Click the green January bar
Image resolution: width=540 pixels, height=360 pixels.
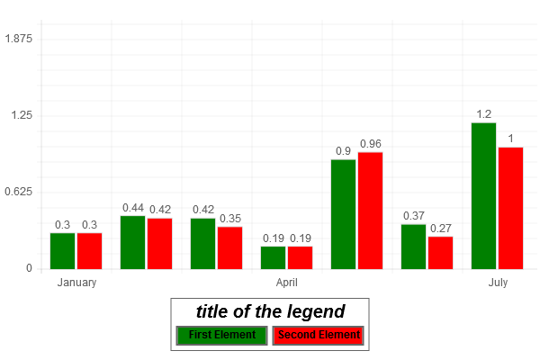(x=62, y=251)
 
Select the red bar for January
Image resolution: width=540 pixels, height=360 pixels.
(x=89, y=251)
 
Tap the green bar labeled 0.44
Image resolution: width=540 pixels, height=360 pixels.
(x=132, y=242)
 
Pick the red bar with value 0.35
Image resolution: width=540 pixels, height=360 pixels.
(x=229, y=247)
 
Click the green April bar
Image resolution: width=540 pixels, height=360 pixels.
(x=273, y=257)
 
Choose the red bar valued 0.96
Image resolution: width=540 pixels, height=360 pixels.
(x=370, y=211)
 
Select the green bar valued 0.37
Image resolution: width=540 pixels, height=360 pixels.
(x=413, y=247)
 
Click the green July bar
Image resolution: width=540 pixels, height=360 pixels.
(x=483, y=195)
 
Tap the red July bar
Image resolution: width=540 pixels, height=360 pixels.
(x=510, y=208)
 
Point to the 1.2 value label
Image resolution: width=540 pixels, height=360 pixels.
(x=483, y=114)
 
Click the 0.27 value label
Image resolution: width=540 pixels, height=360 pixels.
(x=440, y=229)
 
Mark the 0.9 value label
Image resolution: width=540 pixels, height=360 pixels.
(x=343, y=151)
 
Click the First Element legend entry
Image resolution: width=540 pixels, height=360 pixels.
(x=222, y=336)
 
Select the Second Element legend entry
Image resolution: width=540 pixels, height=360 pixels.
(x=319, y=336)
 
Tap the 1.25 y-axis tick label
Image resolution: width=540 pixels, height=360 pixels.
(x=22, y=115)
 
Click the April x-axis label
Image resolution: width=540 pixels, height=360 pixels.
(x=286, y=283)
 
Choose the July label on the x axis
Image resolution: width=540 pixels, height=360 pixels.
(x=498, y=283)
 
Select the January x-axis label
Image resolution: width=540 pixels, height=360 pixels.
(x=76, y=283)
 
